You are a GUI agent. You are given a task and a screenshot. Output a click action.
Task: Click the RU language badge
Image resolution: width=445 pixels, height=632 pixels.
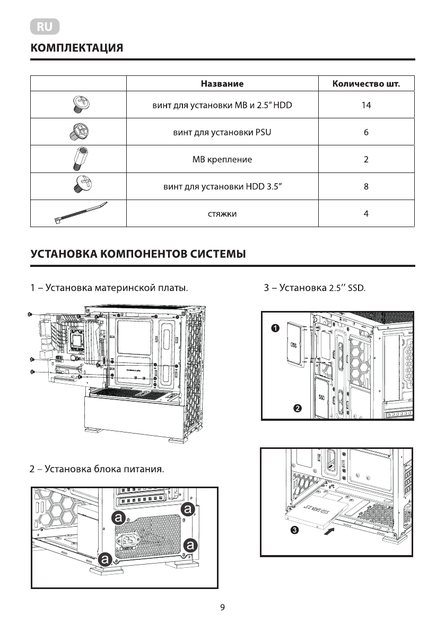coord(45,27)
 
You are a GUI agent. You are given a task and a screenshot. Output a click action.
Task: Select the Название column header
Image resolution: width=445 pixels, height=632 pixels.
coord(222,84)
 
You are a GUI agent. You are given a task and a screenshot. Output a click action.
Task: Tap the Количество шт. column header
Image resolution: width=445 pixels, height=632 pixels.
coord(366,84)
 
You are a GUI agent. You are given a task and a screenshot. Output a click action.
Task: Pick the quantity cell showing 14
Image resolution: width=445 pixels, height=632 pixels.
coord(366,105)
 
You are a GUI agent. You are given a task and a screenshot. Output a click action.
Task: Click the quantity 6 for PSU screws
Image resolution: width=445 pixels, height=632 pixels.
coord(366,132)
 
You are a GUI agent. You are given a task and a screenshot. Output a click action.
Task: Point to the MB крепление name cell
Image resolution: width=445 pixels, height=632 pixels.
coord(222,159)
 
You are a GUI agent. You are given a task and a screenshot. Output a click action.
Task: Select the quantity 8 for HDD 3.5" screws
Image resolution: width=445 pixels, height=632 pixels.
coord(366,187)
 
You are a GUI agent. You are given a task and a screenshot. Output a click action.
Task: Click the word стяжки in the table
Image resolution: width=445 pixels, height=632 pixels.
coord(222,214)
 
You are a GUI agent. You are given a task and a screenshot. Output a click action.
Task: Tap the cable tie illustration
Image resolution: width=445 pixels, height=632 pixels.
coord(80,212)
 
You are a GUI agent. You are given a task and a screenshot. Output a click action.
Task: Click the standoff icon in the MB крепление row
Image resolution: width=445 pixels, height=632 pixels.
coord(78,159)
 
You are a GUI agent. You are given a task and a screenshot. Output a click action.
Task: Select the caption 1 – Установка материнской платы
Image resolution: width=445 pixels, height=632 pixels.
coord(109,289)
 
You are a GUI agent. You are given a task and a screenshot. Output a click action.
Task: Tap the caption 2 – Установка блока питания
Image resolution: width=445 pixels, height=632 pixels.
coord(97,469)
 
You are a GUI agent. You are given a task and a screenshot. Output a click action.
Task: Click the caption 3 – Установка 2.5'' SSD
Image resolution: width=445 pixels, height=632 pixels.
coord(315,289)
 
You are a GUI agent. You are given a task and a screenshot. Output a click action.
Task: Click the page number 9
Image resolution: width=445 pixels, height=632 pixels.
coord(223,608)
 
